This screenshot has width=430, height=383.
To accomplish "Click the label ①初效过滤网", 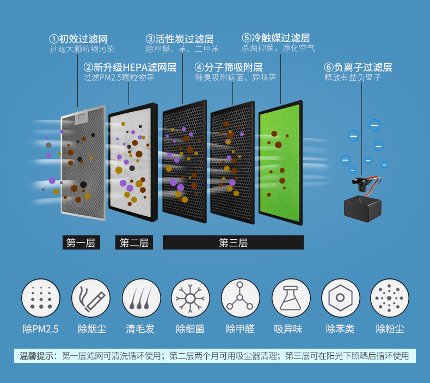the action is pos(78,39).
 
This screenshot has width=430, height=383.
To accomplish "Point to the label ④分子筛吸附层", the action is pos(229,68).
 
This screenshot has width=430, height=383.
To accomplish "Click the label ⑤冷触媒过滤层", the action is pos(276,38).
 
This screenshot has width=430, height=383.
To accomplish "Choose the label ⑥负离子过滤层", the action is pos(358,68).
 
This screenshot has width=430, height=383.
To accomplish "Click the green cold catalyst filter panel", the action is pos(280,163).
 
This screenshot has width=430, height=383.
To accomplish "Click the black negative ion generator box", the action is pos(363,208).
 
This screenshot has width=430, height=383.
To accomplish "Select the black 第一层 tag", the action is pos(81,243).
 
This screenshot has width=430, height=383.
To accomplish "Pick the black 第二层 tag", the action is pos(134,243).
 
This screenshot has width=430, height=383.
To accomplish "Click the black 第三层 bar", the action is pos(233,243).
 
